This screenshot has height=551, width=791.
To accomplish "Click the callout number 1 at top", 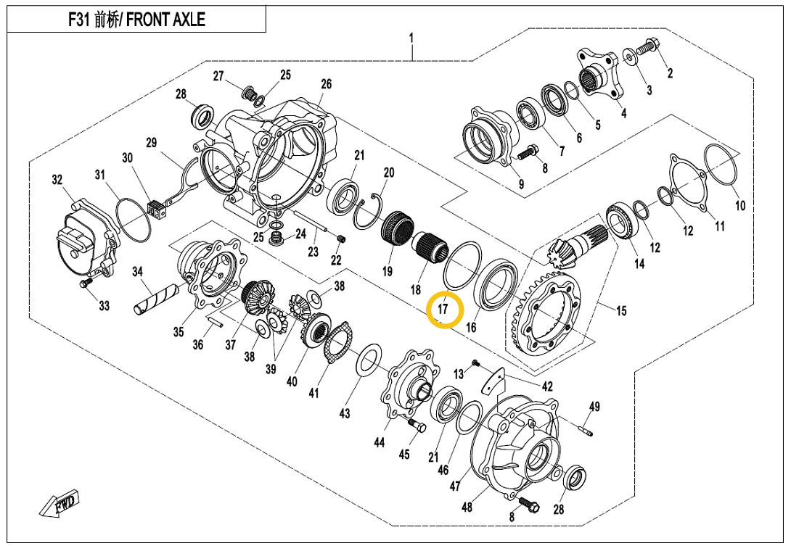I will point(411,37).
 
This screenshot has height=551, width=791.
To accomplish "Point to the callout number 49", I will point(594,407).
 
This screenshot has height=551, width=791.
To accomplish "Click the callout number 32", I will point(57,180).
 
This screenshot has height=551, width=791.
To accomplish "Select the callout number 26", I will point(326,84).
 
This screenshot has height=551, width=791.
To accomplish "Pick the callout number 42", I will point(547,386).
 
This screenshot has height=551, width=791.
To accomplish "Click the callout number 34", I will point(137,272).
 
